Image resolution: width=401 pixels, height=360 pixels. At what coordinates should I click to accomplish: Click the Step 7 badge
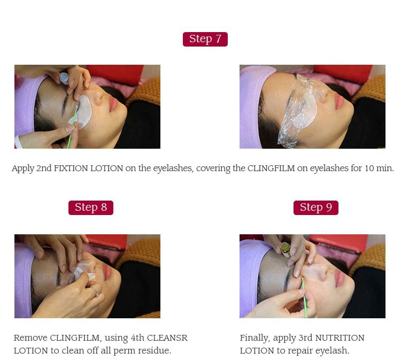tap(205, 39)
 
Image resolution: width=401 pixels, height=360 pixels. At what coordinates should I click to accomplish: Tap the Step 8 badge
tap(90, 208)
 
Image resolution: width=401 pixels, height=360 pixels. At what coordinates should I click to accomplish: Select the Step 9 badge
tap(315, 208)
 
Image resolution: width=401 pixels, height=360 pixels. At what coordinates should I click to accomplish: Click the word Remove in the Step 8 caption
tap(30, 338)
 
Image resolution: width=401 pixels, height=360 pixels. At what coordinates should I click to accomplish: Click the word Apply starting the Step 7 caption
tap(23, 168)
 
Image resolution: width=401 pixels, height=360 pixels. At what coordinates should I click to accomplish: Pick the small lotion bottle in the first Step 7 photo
tap(64, 78)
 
